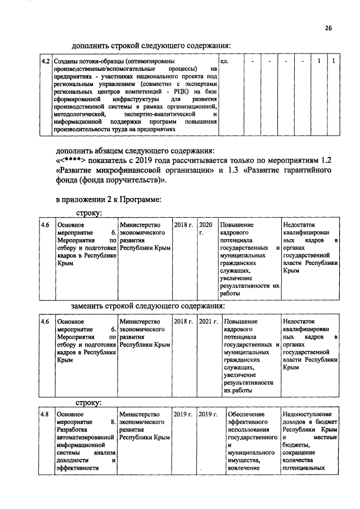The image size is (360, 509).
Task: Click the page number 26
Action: pos(328,29)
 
